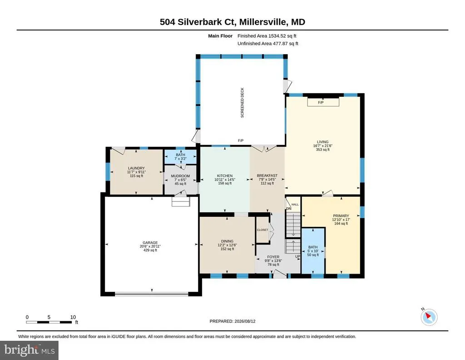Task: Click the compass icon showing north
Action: point(429,317)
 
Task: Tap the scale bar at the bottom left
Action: point(49,322)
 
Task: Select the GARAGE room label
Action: point(150,242)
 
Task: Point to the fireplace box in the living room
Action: point(323,102)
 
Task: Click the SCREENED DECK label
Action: point(242,103)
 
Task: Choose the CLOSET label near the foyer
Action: point(262,230)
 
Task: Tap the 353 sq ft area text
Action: point(323,150)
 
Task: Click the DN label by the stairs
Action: point(289,209)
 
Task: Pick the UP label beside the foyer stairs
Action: point(297,256)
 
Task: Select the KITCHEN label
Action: point(225,176)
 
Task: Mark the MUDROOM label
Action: point(180,176)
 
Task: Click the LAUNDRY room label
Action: point(136,168)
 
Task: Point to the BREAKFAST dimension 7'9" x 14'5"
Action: point(267,180)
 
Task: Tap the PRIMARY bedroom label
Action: point(341,216)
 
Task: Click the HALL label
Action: point(295,205)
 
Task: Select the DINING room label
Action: point(227,241)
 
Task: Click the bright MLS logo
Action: point(29,350)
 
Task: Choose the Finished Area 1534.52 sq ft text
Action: point(267,36)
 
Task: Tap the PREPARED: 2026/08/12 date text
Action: point(232,321)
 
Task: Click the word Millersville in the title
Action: point(263,22)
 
